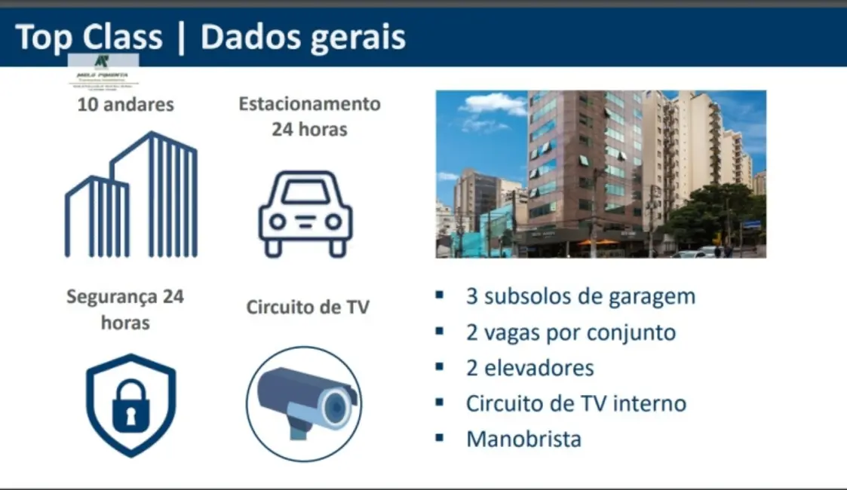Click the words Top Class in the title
(88, 37)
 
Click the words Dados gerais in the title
(303, 38)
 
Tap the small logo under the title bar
(103, 70)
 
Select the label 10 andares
(125, 104)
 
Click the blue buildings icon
(131, 195)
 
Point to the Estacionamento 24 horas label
(309, 116)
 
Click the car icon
(305, 213)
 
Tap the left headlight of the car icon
(278, 222)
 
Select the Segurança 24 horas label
(125, 309)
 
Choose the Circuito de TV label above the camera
(308, 308)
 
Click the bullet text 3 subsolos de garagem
(580, 296)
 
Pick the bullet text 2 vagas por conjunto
(570, 332)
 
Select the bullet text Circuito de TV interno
(575, 403)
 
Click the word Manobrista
(523, 439)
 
